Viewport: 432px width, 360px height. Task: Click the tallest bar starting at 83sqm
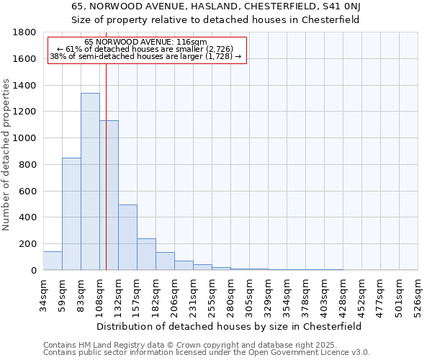(x=90, y=181)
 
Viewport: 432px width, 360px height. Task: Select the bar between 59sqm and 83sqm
(x=71, y=214)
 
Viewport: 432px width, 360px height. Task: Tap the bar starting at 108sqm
(x=109, y=195)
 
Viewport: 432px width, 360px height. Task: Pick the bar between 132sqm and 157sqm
(x=127, y=238)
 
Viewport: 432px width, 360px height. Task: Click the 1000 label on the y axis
(x=26, y=138)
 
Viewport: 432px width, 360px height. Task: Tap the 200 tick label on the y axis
(x=29, y=244)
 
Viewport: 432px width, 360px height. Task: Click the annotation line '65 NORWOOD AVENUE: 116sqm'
(x=145, y=42)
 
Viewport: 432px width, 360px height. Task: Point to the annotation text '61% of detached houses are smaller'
(x=145, y=49)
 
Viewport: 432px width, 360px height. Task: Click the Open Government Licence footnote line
(x=207, y=353)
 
